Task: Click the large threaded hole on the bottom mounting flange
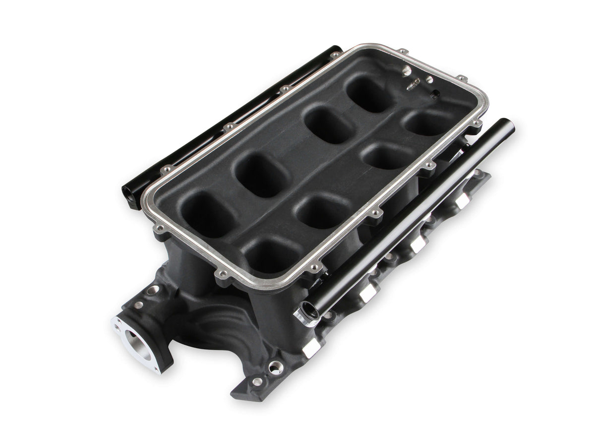(x=274, y=367)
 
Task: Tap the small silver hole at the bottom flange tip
(x=257, y=381)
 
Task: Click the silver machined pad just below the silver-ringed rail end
(x=312, y=350)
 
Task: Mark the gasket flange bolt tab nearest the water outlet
(x=159, y=229)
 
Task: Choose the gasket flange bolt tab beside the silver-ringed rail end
(x=314, y=268)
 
